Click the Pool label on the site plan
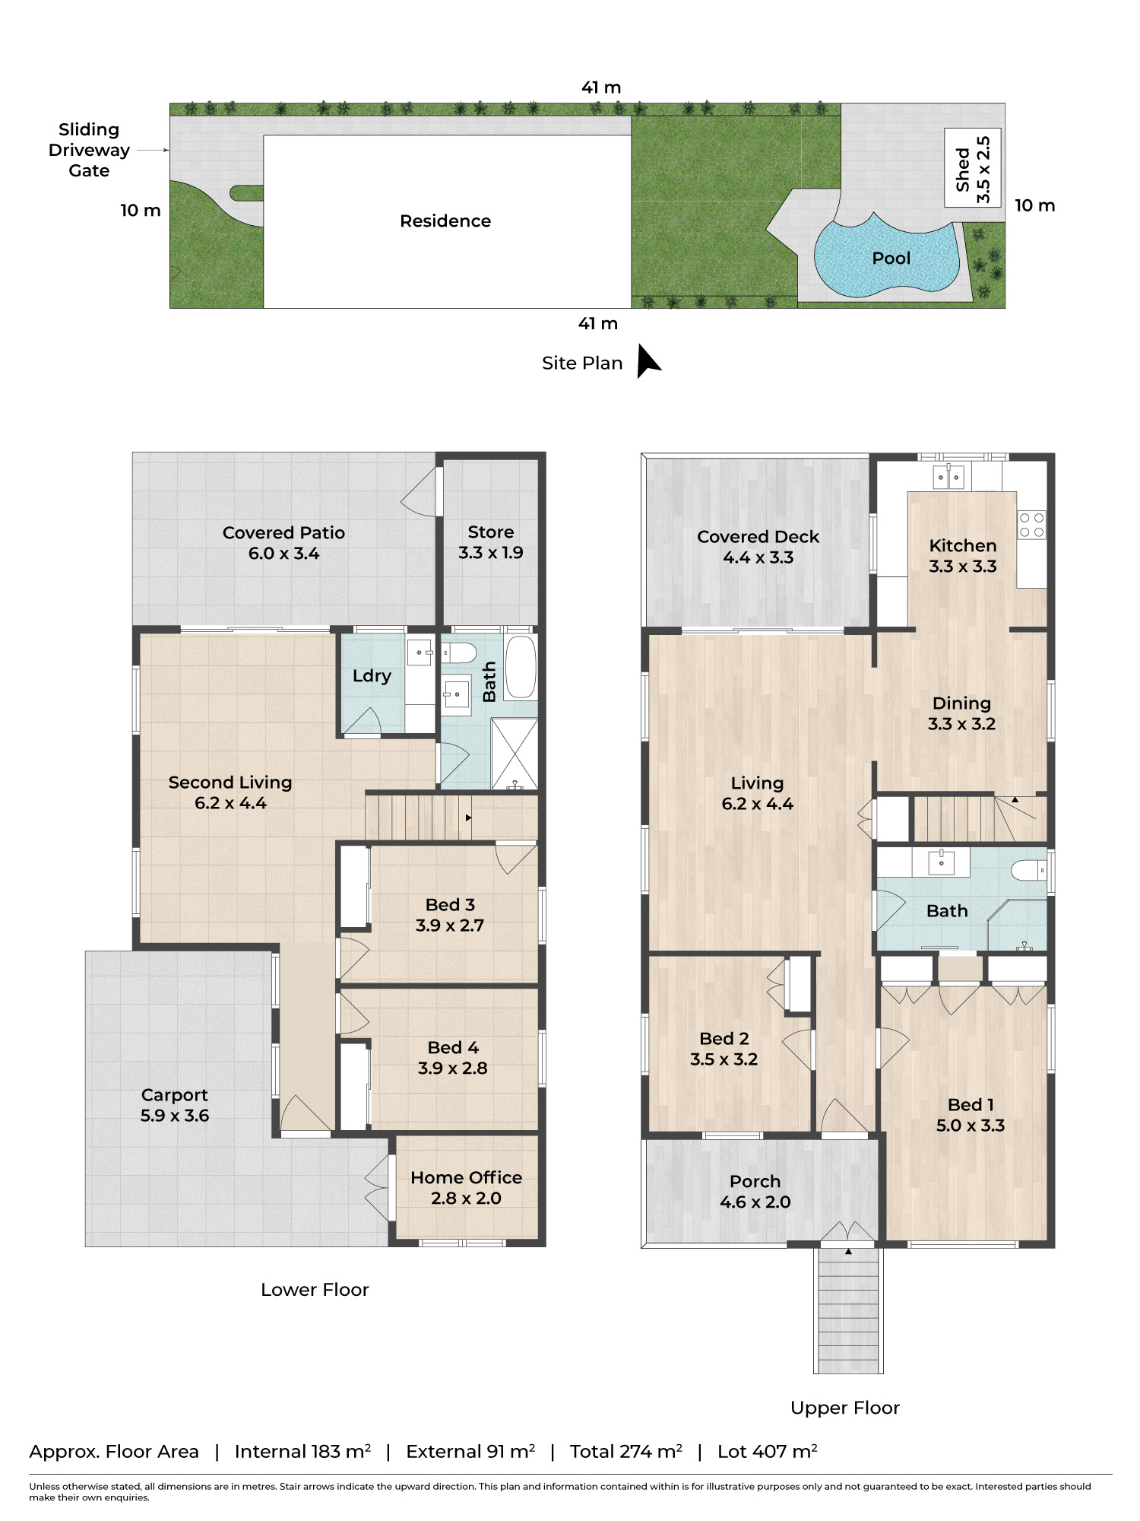[891, 259]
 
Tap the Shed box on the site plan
[973, 168]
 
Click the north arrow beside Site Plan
[648, 360]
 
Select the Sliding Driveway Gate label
[89, 150]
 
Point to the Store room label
[490, 532]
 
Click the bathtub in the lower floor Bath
[521, 667]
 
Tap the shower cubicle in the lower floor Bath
[515, 753]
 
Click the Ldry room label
[372, 676]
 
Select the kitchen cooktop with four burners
[1031, 525]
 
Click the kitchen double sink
[948, 477]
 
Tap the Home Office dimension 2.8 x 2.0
[466, 1199]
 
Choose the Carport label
[174, 1095]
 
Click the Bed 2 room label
[724, 1039]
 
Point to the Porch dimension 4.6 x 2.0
[755, 1202]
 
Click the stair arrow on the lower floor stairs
[468, 818]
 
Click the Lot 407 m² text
[767, 1452]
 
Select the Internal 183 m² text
[302, 1452]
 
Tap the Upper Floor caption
[844, 1408]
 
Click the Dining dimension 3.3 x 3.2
[961, 724]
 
